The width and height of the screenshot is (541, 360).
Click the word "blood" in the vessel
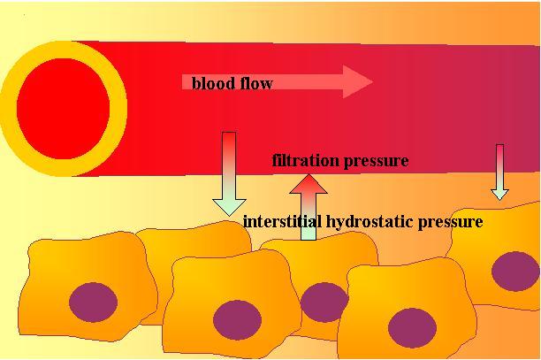click(x=211, y=84)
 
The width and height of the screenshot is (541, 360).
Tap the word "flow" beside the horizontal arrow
click(x=254, y=84)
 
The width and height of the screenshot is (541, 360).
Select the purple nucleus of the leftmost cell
click(x=93, y=303)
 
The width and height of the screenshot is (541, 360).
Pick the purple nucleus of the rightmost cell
click(x=514, y=271)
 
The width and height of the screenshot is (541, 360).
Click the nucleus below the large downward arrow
click(x=236, y=319)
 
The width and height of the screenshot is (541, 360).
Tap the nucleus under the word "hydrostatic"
click(x=412, y=327)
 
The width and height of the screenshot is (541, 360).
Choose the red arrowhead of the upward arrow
click(x=309, y=184)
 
